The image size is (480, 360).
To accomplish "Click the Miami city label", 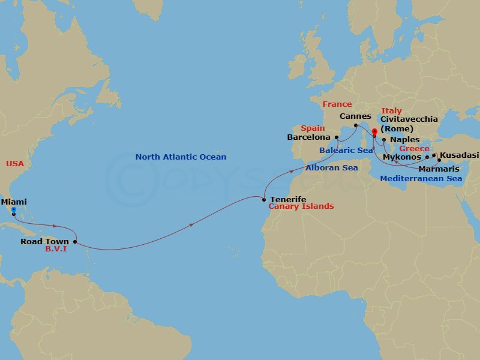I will pos(14,202).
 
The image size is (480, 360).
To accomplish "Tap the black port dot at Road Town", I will pos(75,242).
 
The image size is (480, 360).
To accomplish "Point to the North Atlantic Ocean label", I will pos(181,157).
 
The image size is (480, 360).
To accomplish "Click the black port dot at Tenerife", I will pos(264,199).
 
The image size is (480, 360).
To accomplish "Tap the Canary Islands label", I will pos(301,206).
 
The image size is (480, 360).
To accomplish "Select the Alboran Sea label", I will pos(331,168).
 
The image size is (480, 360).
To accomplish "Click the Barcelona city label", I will pos(310,137).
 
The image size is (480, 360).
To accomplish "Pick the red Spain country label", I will pos(313,128).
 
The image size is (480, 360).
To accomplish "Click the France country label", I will pos(337,104).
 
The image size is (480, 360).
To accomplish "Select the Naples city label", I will pos(405,139).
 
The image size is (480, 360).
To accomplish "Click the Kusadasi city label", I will pos(459,155).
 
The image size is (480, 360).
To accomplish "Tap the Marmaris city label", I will pos(439,169).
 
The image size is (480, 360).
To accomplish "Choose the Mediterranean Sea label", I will pos(421,178).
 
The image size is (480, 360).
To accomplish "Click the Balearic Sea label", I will pos(346,150).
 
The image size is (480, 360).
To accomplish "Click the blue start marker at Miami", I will pos(13,210).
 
